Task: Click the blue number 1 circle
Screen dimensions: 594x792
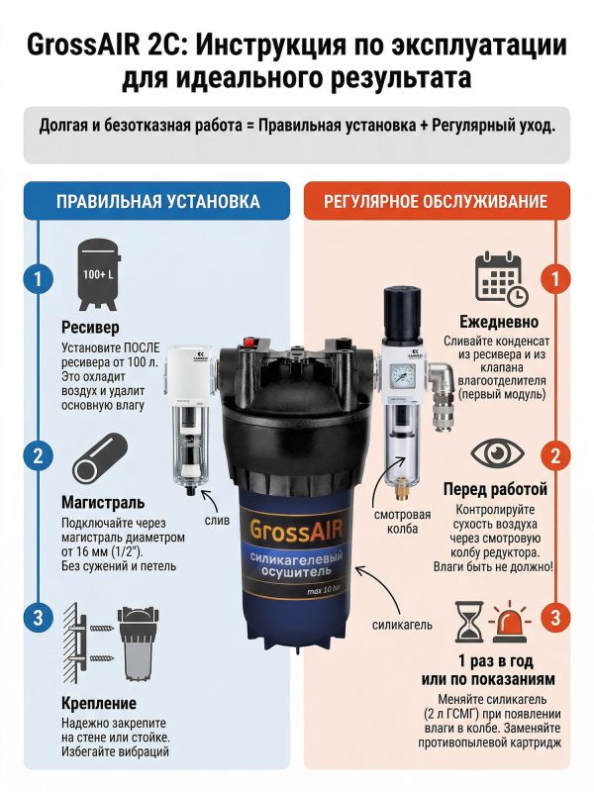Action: pyautogui.click(x=38, y=278)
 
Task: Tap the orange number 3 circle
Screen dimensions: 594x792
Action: pyautogui.click(x=555, y=618)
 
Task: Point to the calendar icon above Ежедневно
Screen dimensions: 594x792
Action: pyautogui.click(x=501, y=279)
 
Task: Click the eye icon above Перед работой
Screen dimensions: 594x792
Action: pyautogui.click(x=497, y=453)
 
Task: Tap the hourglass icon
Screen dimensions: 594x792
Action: pyautogui.click(x=469, y=622)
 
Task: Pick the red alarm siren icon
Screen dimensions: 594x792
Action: pyautogui.click(x=509, y=622)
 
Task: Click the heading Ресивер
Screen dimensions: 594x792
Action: pyautogui.click(x=90, y=328)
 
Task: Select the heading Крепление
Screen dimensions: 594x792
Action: pyautogui.click(x=99, y=703)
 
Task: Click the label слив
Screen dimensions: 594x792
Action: pyautogui.click(x=217, y=520)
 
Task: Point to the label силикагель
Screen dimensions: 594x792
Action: pyautogui.click(x=402, y=625)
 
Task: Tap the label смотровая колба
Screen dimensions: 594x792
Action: pyautogui.click(x=403, y=522)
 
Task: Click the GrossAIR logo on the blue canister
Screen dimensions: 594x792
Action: pyautogui.click(x=296, y=529)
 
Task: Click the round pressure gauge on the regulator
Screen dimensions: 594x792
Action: pyautogui.click(x=403, y=376)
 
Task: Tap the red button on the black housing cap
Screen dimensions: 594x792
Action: pyautogui.click(x=248, y=342)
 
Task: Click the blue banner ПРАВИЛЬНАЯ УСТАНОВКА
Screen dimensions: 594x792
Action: pyautogui.click(x=157, y=201)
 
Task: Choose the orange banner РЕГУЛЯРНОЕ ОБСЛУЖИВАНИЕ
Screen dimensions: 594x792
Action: pyautogui.click(x=437, y=201)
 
